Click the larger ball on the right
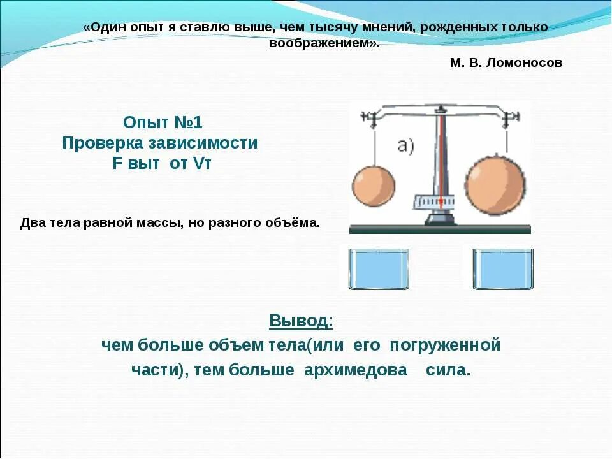(495, 186)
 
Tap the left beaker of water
(379, 269)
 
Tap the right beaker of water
(503, 268)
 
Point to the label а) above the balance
(407, 145)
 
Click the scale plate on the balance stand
(437, 201)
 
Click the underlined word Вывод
(301, 320)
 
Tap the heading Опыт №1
(163, 122)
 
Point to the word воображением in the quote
(321, 43)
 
